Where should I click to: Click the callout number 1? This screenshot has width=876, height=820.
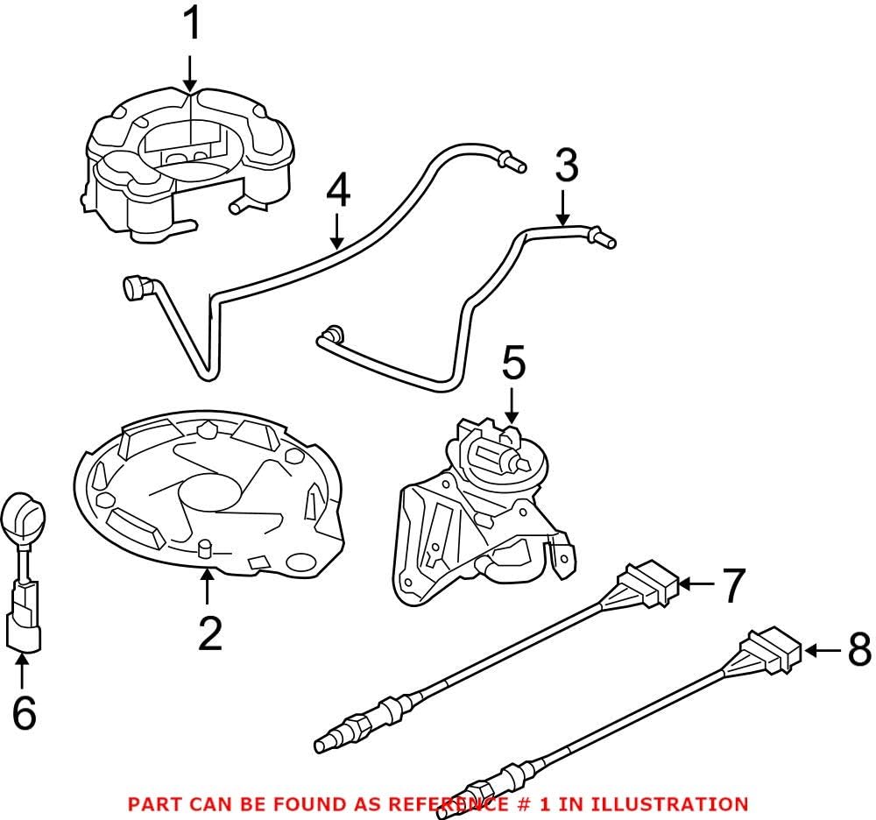(190, 25)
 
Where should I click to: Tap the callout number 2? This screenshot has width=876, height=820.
(210, 634)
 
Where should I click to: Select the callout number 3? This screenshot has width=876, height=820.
(567, 165)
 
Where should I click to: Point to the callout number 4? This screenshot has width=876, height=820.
(338, 191)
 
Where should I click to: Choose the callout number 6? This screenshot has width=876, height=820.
(24, 714)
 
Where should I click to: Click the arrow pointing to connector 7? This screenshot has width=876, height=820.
(697, 583)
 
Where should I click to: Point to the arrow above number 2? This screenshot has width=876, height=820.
(207, 586)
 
